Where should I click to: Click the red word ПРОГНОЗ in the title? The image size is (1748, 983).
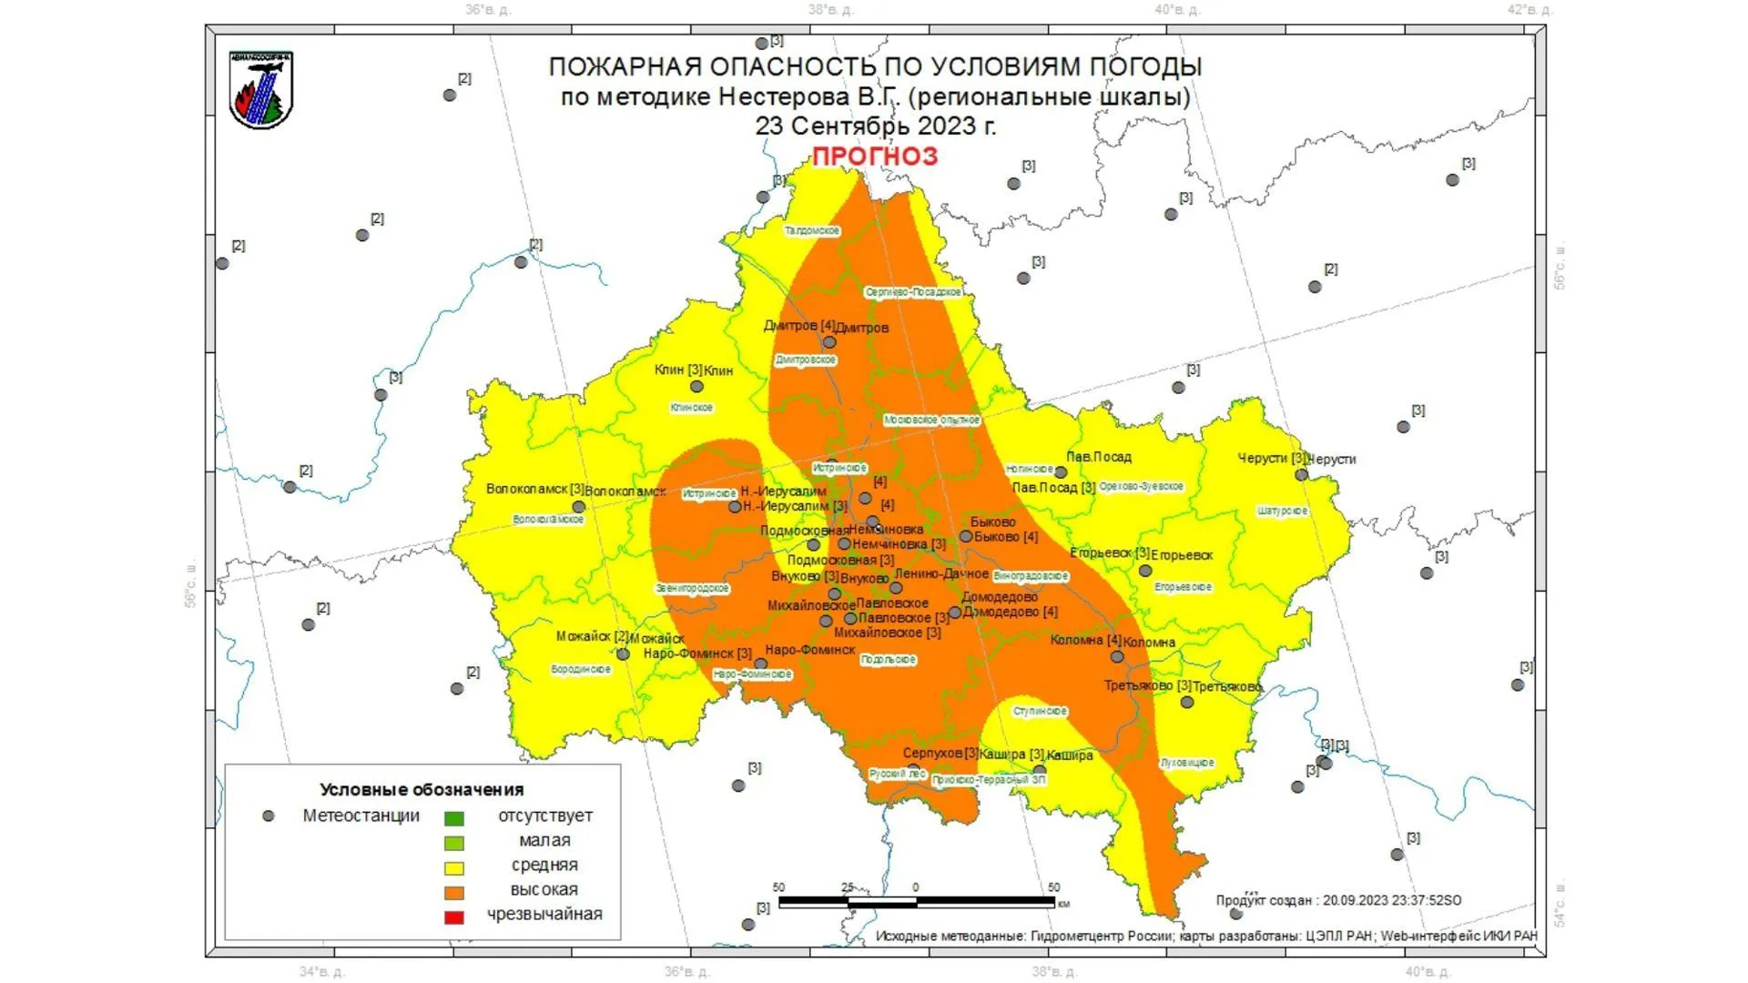coord(874,157)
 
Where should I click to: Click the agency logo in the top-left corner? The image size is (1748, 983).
coord(261,90)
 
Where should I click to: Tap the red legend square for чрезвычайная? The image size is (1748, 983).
coord(453,917)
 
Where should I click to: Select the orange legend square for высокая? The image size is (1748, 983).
coord(453,892)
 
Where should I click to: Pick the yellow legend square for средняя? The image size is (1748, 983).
coord(453,867)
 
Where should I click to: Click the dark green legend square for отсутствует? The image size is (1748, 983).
coord(453,818)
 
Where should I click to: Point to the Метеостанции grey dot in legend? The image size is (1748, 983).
coord(269,816)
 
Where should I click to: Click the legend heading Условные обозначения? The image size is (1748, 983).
coord(422,789)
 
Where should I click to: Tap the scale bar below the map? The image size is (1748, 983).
coord(916,902)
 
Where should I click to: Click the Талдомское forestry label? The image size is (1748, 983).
coord(812,231)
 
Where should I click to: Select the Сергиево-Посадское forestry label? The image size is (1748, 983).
coord(913,292)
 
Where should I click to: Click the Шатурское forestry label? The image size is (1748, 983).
coord(1282,512)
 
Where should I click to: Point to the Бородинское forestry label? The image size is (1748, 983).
coord(581,669)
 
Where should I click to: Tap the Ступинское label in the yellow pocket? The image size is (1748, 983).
coord(1040,711)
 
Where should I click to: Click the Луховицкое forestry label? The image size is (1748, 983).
coord(1187,763)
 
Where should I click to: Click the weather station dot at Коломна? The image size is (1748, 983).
coord(1117,656)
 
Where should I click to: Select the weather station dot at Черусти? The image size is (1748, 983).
coord(1302,475)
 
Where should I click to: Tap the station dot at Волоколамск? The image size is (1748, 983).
coord(578,507)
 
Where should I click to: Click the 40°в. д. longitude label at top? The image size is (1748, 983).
coord(1177,10)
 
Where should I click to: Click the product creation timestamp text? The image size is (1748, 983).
coord(1338,900)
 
